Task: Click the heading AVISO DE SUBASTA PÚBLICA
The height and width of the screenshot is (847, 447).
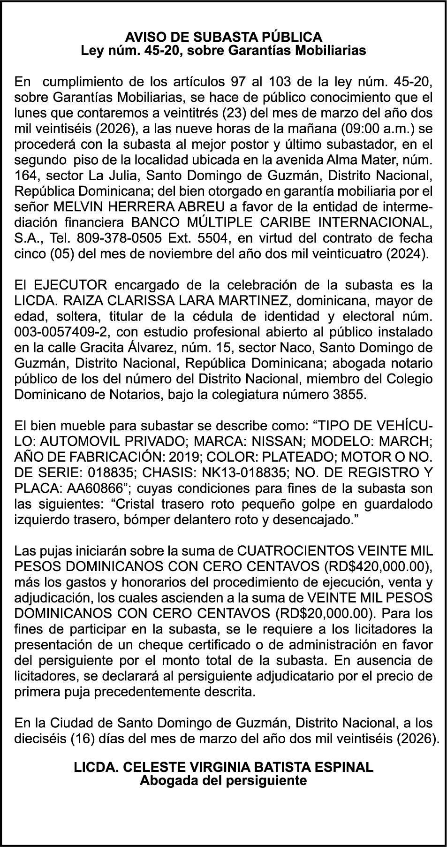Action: [223, 37]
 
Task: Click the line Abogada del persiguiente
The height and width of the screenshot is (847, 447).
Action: [223, 781]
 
